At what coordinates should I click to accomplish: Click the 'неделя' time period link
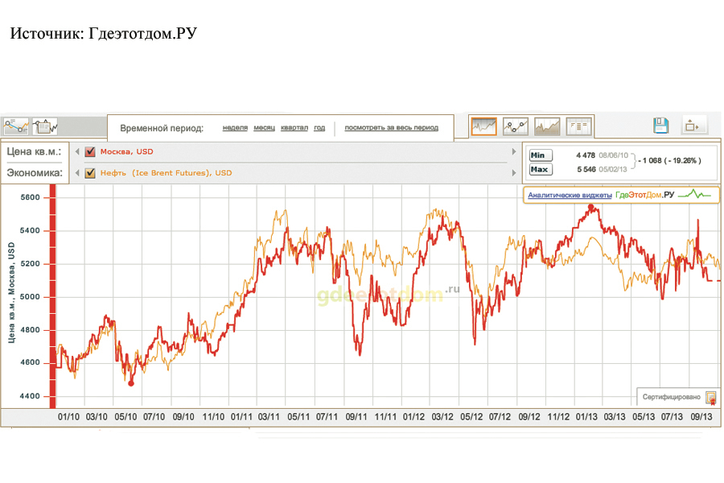tap(235, 128)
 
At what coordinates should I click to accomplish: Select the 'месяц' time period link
tap(265, 128)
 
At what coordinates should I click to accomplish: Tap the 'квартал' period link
tap(294, 128)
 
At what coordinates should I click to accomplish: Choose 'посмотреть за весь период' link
tap(392, 128)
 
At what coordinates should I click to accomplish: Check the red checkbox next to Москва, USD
tap(90, 151)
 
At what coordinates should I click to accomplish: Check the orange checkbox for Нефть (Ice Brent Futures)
tap(90, 172)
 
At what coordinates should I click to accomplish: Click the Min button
tap(540, 155)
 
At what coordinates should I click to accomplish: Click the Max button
tap(540, 169)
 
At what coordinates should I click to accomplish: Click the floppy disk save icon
tap(660, 126)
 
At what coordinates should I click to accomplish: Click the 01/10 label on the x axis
tap(69, 417)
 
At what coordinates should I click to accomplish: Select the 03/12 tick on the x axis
tap(442, 417)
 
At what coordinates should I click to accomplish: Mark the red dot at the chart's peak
tap(591, 207)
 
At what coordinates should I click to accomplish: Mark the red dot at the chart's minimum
tap(131, 383)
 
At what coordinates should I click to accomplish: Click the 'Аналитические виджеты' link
tap(569, 195)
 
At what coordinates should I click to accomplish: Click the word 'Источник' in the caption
tap(43, 34)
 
